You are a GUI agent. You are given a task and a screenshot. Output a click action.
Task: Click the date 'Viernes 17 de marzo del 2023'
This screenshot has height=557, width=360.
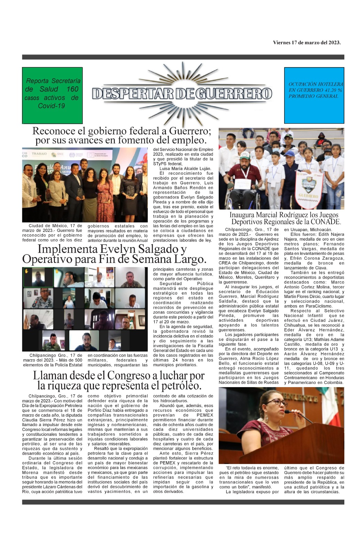(306, 43)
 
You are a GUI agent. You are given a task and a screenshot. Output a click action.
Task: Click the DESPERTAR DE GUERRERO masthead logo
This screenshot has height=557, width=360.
(182, 93)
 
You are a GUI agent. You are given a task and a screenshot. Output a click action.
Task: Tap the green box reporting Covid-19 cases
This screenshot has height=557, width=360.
(53, 95)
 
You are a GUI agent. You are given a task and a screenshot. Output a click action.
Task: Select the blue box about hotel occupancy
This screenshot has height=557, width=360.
(314, 95)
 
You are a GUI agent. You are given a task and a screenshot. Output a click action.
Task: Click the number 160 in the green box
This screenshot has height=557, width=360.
(72, 89)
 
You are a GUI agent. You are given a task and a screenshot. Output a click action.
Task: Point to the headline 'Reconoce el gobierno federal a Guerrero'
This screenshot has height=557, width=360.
(121, 131)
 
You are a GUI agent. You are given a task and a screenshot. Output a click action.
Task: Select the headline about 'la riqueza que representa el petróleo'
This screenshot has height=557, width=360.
(119, 385)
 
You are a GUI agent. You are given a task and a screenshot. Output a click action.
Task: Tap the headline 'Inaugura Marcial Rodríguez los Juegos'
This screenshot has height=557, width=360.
(284, 215)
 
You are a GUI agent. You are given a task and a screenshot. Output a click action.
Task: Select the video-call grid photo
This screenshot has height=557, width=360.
(84, 309)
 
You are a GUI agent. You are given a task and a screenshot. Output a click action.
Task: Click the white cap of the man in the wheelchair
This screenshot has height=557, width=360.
(245, 155)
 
